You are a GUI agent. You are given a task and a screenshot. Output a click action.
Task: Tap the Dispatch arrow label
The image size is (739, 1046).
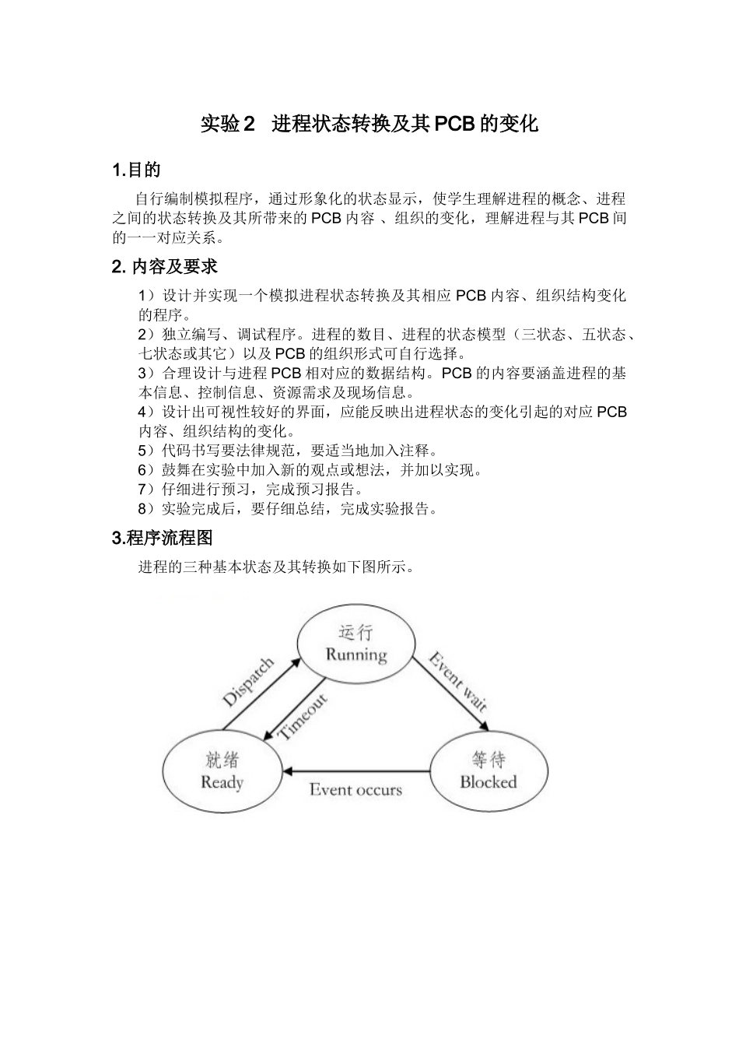248,682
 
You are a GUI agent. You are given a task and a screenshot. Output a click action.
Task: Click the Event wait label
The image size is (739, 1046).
458,683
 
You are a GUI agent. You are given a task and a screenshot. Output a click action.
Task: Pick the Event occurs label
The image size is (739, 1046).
355,790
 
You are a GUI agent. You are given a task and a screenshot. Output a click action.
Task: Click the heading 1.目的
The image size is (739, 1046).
137,170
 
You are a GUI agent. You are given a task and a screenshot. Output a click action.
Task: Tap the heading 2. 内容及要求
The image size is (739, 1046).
165,267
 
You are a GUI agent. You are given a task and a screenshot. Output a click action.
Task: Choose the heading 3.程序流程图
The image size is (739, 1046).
163,538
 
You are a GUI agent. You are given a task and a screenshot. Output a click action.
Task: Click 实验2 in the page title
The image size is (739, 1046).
228,124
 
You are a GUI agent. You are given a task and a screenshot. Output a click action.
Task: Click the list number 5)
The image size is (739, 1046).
145,451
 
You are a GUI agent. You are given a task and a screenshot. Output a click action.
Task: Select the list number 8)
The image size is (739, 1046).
145,509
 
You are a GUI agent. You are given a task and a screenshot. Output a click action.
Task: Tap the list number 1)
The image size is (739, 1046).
145,296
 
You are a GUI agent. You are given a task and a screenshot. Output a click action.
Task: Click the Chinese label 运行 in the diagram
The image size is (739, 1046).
355,631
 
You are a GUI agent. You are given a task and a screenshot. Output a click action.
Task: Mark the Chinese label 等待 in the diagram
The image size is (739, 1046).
488,759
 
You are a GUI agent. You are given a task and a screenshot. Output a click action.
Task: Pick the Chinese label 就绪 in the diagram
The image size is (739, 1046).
222,759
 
